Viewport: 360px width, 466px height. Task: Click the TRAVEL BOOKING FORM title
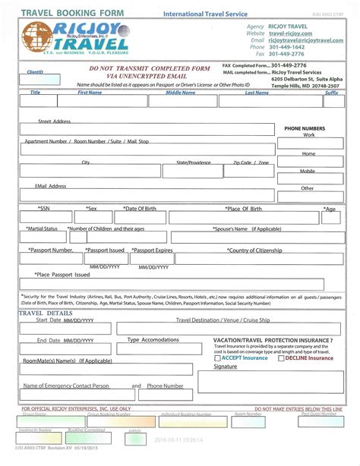(61, 12)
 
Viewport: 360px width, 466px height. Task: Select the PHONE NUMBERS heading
(305, 129)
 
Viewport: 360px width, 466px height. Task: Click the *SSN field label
(45, 208)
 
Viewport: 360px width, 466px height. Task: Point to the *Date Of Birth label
(140, 208)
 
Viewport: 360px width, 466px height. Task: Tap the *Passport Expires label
(153, 250)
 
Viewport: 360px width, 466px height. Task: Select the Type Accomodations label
(153, 339)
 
